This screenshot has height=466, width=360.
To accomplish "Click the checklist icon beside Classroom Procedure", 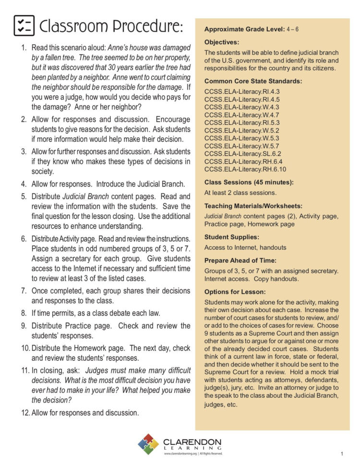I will coord(24,26).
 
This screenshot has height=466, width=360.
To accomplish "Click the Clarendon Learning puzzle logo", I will coord(148,444).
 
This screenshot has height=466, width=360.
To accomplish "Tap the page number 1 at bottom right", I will coord(342,454).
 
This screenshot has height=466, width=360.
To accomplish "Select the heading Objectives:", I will coord(221,42).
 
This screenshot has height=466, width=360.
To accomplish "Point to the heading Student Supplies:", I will coord(232,237).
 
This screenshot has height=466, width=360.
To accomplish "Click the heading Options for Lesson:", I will coord(235,292).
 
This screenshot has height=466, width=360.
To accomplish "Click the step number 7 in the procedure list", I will coord(24,291).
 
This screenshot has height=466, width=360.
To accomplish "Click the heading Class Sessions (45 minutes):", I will coord(249,183).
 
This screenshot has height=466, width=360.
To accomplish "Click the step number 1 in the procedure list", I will coord(24,48).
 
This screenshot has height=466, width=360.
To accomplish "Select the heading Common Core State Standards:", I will coord(253,81).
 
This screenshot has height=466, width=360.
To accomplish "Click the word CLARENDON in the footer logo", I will coord(192,441).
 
